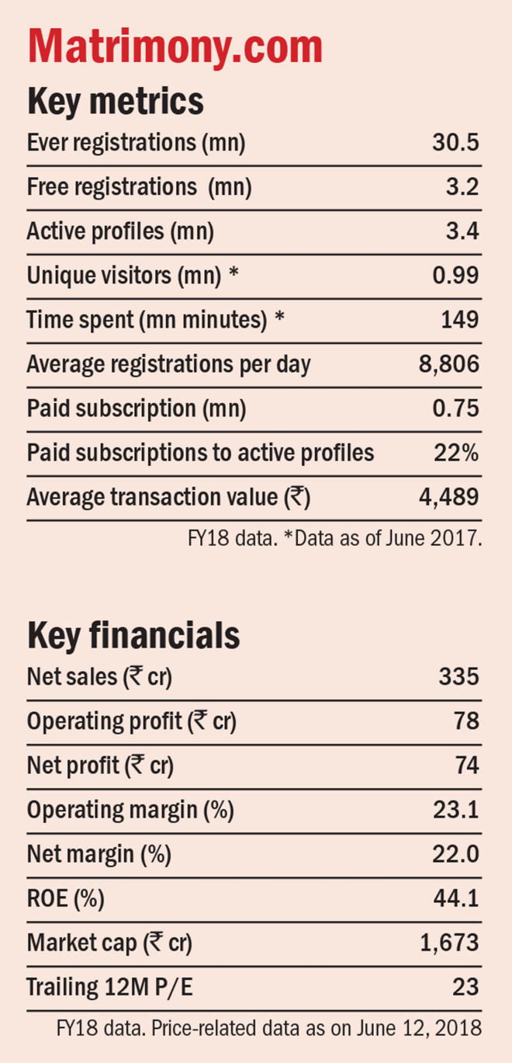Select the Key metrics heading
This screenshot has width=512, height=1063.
(116, 101)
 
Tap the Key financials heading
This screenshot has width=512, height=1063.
(133, 635)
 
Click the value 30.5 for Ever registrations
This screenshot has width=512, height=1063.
(455, 143)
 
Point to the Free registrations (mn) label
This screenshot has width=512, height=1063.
(139, 187)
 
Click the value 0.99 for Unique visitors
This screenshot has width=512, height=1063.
(455, 276)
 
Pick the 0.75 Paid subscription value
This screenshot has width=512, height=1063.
(455, 408)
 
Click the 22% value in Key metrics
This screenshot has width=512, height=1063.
(457, 453)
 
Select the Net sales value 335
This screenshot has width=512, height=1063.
(458, 676)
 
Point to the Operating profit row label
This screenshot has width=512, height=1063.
(131, 721)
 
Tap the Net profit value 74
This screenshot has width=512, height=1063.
(466, 766)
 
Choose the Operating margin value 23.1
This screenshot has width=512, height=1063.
(456, 810)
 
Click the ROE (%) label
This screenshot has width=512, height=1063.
(65, 899)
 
